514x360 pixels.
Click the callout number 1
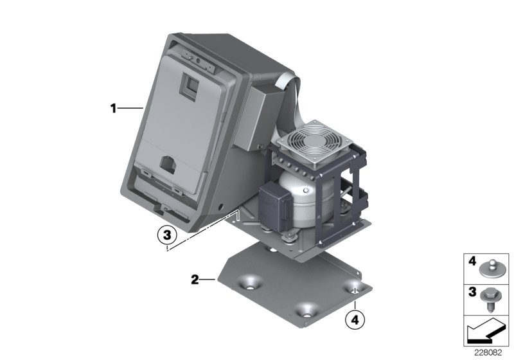tap(114, 108)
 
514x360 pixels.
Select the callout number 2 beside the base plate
tap(195, 280)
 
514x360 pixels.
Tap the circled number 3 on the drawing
tap(167, 235)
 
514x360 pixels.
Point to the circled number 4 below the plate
tap(355, 319)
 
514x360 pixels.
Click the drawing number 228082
tap(488, 353)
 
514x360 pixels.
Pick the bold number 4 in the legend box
tap(472, 261)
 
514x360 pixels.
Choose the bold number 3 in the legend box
tap(472, 292)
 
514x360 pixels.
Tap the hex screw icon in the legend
tap(490, 300)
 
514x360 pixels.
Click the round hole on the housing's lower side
tap(220, 207)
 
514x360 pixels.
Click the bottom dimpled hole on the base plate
tap(306, 310)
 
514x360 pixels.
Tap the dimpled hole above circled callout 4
tap(355, 288)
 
